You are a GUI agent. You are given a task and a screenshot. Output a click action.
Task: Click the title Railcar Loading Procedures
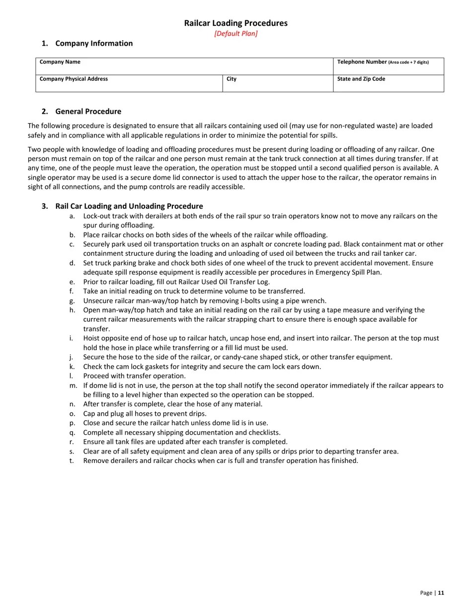236,23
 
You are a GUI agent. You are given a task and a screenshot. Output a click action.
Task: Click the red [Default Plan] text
236,34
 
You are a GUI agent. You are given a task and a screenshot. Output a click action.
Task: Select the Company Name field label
60,62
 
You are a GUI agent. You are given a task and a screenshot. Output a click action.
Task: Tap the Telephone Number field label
362,62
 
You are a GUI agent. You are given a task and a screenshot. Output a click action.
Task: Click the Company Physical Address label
74,79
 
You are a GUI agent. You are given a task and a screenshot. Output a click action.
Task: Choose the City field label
232,79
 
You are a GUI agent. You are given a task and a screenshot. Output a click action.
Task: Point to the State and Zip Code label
361,79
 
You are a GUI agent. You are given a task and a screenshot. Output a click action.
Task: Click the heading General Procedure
88,111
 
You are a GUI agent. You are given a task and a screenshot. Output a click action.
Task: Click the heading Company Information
94,43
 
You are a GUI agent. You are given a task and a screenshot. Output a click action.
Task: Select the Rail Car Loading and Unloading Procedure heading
129,206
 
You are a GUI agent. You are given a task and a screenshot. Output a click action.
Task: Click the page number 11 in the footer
441,593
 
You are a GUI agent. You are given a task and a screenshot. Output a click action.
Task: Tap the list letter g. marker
73,301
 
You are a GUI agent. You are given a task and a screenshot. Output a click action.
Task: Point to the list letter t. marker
72,460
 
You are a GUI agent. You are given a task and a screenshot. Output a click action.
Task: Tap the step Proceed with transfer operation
134,376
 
